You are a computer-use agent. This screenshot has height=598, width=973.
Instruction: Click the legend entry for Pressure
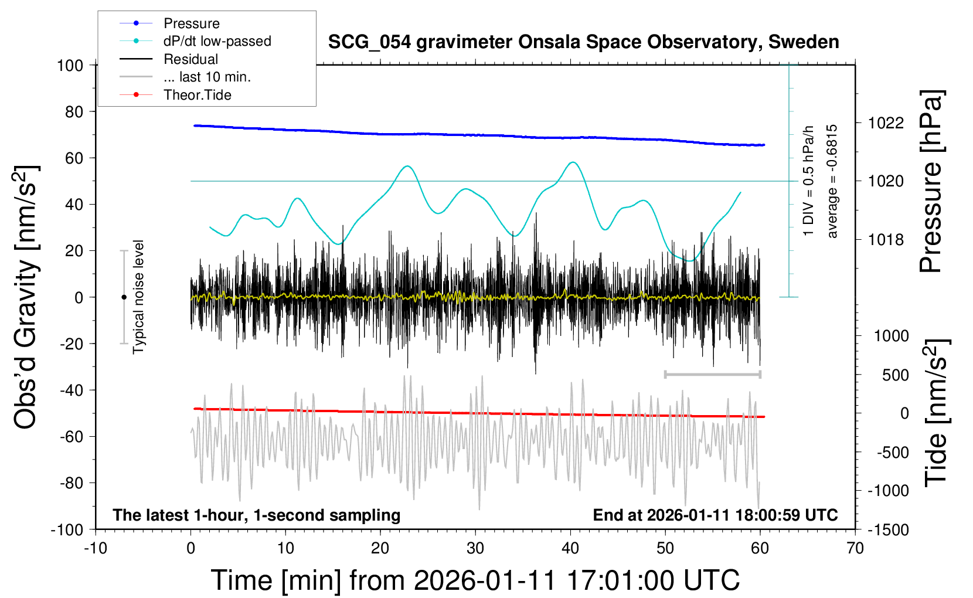point(191,23)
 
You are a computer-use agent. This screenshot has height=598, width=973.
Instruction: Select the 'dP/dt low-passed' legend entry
point(217,41)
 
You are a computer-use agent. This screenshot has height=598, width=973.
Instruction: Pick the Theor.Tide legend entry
point(197,95)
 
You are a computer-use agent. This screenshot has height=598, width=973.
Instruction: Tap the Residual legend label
point(190,59)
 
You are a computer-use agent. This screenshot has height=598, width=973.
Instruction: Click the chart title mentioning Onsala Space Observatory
point(583,42)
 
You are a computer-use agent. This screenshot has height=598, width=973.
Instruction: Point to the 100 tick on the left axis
point(70,65)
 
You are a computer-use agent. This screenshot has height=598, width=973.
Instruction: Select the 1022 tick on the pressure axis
point(886,123)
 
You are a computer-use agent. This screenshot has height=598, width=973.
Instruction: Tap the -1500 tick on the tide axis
point(888,530)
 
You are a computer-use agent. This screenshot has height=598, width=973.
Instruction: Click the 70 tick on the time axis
point(855,549)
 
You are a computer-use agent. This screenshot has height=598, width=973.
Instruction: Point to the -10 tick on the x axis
point(96,549)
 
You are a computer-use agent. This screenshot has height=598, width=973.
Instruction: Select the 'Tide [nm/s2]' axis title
point(936,413)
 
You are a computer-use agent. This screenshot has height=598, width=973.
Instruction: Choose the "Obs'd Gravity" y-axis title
point(26,297)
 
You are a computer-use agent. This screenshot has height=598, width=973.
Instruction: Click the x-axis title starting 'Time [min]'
point(475,580)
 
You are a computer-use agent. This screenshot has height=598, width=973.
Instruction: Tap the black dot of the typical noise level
point(124,297)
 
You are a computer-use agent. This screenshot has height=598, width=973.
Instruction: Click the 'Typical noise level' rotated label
point(138,297)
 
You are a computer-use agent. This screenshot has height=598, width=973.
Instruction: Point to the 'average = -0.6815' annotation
point(832,181)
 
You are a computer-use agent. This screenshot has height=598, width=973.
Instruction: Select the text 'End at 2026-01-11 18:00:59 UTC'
point(715,515)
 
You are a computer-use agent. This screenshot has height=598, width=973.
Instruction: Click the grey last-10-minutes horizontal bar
point(712,374)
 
